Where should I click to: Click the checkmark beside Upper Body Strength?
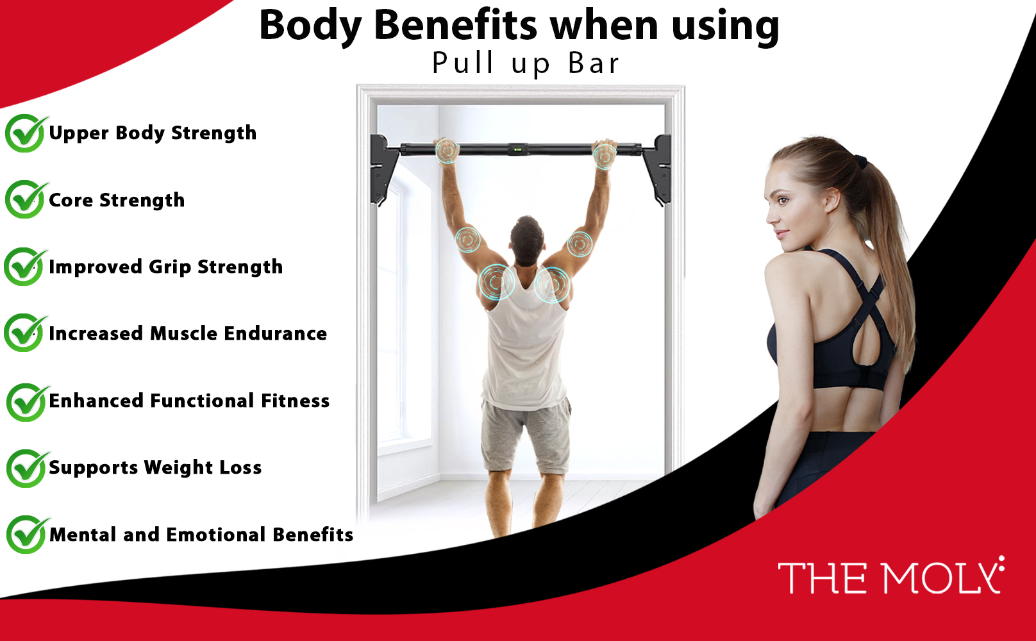[x=26, y=133]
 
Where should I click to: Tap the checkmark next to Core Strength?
[x=26, y=199]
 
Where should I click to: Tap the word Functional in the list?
[x=202, y=401]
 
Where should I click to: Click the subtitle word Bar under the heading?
[x=594, y=63]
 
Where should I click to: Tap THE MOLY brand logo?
[x=891, y=576]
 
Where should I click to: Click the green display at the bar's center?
[x=517, y=149]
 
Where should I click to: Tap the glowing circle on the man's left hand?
[x=447, y=150]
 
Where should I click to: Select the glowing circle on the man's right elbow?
[x=580, y=244]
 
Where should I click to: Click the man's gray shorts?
[x=526, y=436]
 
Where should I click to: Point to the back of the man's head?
[x=527, y=240]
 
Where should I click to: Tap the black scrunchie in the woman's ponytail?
[x=860, y=162]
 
